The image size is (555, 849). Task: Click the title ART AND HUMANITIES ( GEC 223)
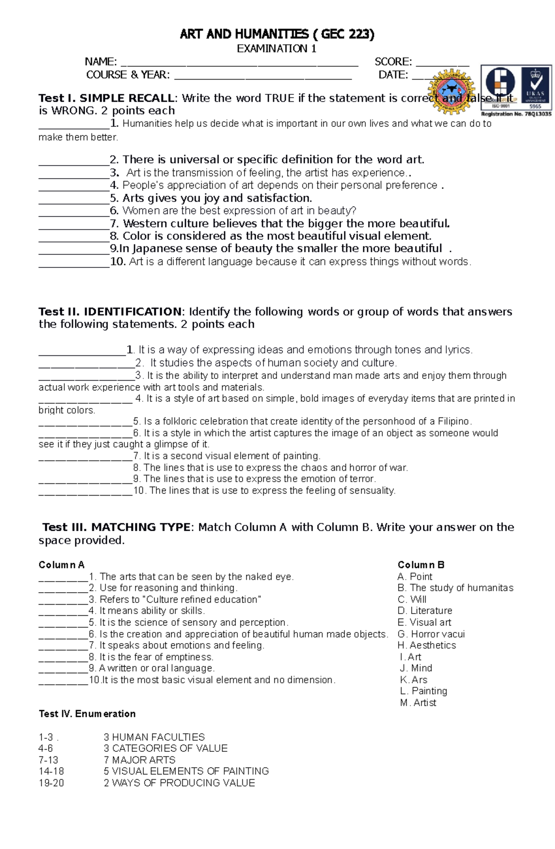click(277, 34)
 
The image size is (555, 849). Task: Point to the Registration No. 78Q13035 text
click(516, 114)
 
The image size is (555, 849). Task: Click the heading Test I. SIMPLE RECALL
click(107, 98)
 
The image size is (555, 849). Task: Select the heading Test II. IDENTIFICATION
click(111, 312)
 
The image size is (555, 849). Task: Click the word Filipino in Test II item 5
click(450, 421)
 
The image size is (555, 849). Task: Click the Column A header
click(62, 565)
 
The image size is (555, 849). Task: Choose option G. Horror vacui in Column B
click(431, 634)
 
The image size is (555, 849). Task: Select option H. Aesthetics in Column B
click(426, 645)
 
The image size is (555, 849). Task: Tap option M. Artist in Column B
click(418, 703)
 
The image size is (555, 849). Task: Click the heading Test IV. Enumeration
click(87, 714)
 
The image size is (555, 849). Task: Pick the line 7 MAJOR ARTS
click(139, 760)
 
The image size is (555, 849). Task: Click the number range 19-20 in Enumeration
click(51, 783)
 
